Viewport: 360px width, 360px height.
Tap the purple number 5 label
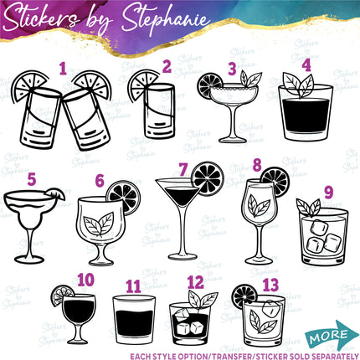31,177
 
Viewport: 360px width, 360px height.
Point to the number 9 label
328,192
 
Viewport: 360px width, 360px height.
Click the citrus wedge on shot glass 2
139,85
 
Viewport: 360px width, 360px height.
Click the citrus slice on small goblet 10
62,294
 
